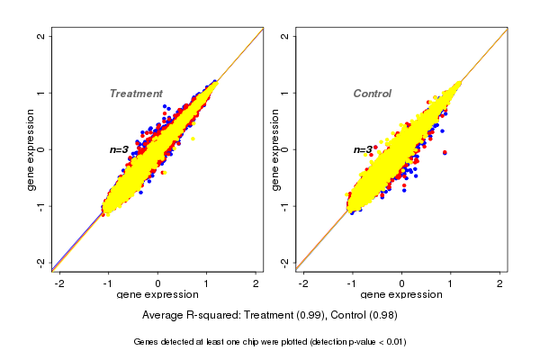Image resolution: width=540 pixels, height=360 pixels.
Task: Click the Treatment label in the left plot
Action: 136,94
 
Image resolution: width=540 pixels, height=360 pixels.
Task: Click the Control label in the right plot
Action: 372,94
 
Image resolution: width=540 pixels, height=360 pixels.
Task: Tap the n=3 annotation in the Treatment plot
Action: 120,149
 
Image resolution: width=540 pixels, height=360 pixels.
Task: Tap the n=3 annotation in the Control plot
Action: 363,150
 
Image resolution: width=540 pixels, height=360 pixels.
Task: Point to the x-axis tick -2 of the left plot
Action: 60,283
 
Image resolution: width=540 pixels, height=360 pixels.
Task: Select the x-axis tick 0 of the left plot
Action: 158,283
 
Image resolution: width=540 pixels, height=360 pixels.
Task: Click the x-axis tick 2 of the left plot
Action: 256,283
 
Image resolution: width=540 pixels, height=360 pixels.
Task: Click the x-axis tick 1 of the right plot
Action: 451,283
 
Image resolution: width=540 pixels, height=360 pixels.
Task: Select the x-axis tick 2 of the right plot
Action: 500,283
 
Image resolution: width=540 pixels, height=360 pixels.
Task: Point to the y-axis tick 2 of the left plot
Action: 40,36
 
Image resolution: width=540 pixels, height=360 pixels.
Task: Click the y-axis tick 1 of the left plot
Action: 40,93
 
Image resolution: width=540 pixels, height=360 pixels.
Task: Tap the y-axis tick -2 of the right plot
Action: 283,262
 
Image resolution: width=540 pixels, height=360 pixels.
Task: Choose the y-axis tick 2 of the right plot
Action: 283,36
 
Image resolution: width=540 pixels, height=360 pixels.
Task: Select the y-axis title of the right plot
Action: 273,149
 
